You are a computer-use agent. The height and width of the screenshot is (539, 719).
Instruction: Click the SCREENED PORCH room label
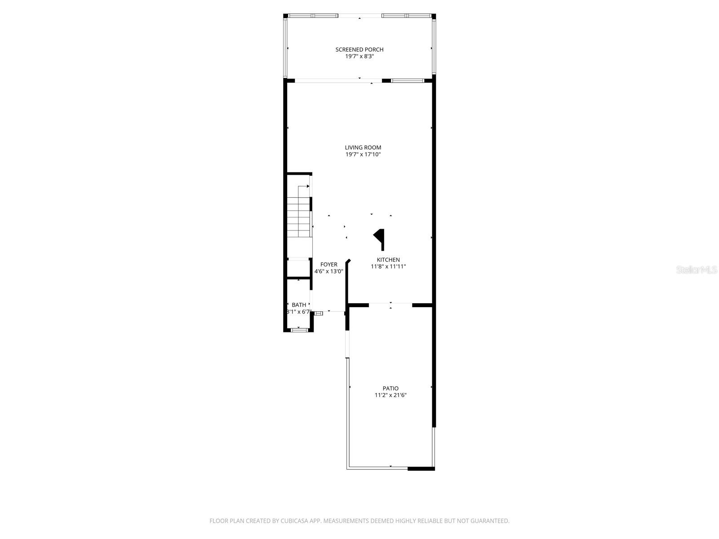click(x=359, y=49)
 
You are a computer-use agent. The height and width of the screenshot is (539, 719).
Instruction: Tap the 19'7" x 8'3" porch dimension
click(x=359, y=57)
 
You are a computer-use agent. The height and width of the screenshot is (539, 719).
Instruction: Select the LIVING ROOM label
click(x=363, y=147)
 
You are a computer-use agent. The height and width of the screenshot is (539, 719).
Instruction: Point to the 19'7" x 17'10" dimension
click(x=363, y=155)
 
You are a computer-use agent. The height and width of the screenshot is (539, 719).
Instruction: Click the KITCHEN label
click(x=388, y=260)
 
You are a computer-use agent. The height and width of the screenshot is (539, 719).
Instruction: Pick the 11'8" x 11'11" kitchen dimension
click(x=388, y=266)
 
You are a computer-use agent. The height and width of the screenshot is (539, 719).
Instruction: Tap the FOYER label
click(x=328, y=265)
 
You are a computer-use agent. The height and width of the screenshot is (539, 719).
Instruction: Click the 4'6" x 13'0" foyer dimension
click(x=328, y=271)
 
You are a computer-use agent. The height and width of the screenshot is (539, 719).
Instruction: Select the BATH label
click(x=299, y=305)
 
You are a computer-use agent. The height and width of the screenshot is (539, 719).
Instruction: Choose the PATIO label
click(x=391, y=389)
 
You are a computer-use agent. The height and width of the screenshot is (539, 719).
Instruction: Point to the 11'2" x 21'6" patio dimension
click(x=391, y=395)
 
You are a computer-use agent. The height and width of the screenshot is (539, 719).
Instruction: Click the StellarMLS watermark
click(x=697, y=270)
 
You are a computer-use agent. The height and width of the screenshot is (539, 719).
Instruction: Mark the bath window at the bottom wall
click(x=298, y=330)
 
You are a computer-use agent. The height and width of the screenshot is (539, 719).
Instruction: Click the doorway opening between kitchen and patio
click(x=391, y=305)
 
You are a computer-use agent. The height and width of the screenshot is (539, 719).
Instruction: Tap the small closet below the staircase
click(x=298, y=269)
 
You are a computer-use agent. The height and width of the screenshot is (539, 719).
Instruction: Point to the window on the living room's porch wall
click(x=407, y=81)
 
